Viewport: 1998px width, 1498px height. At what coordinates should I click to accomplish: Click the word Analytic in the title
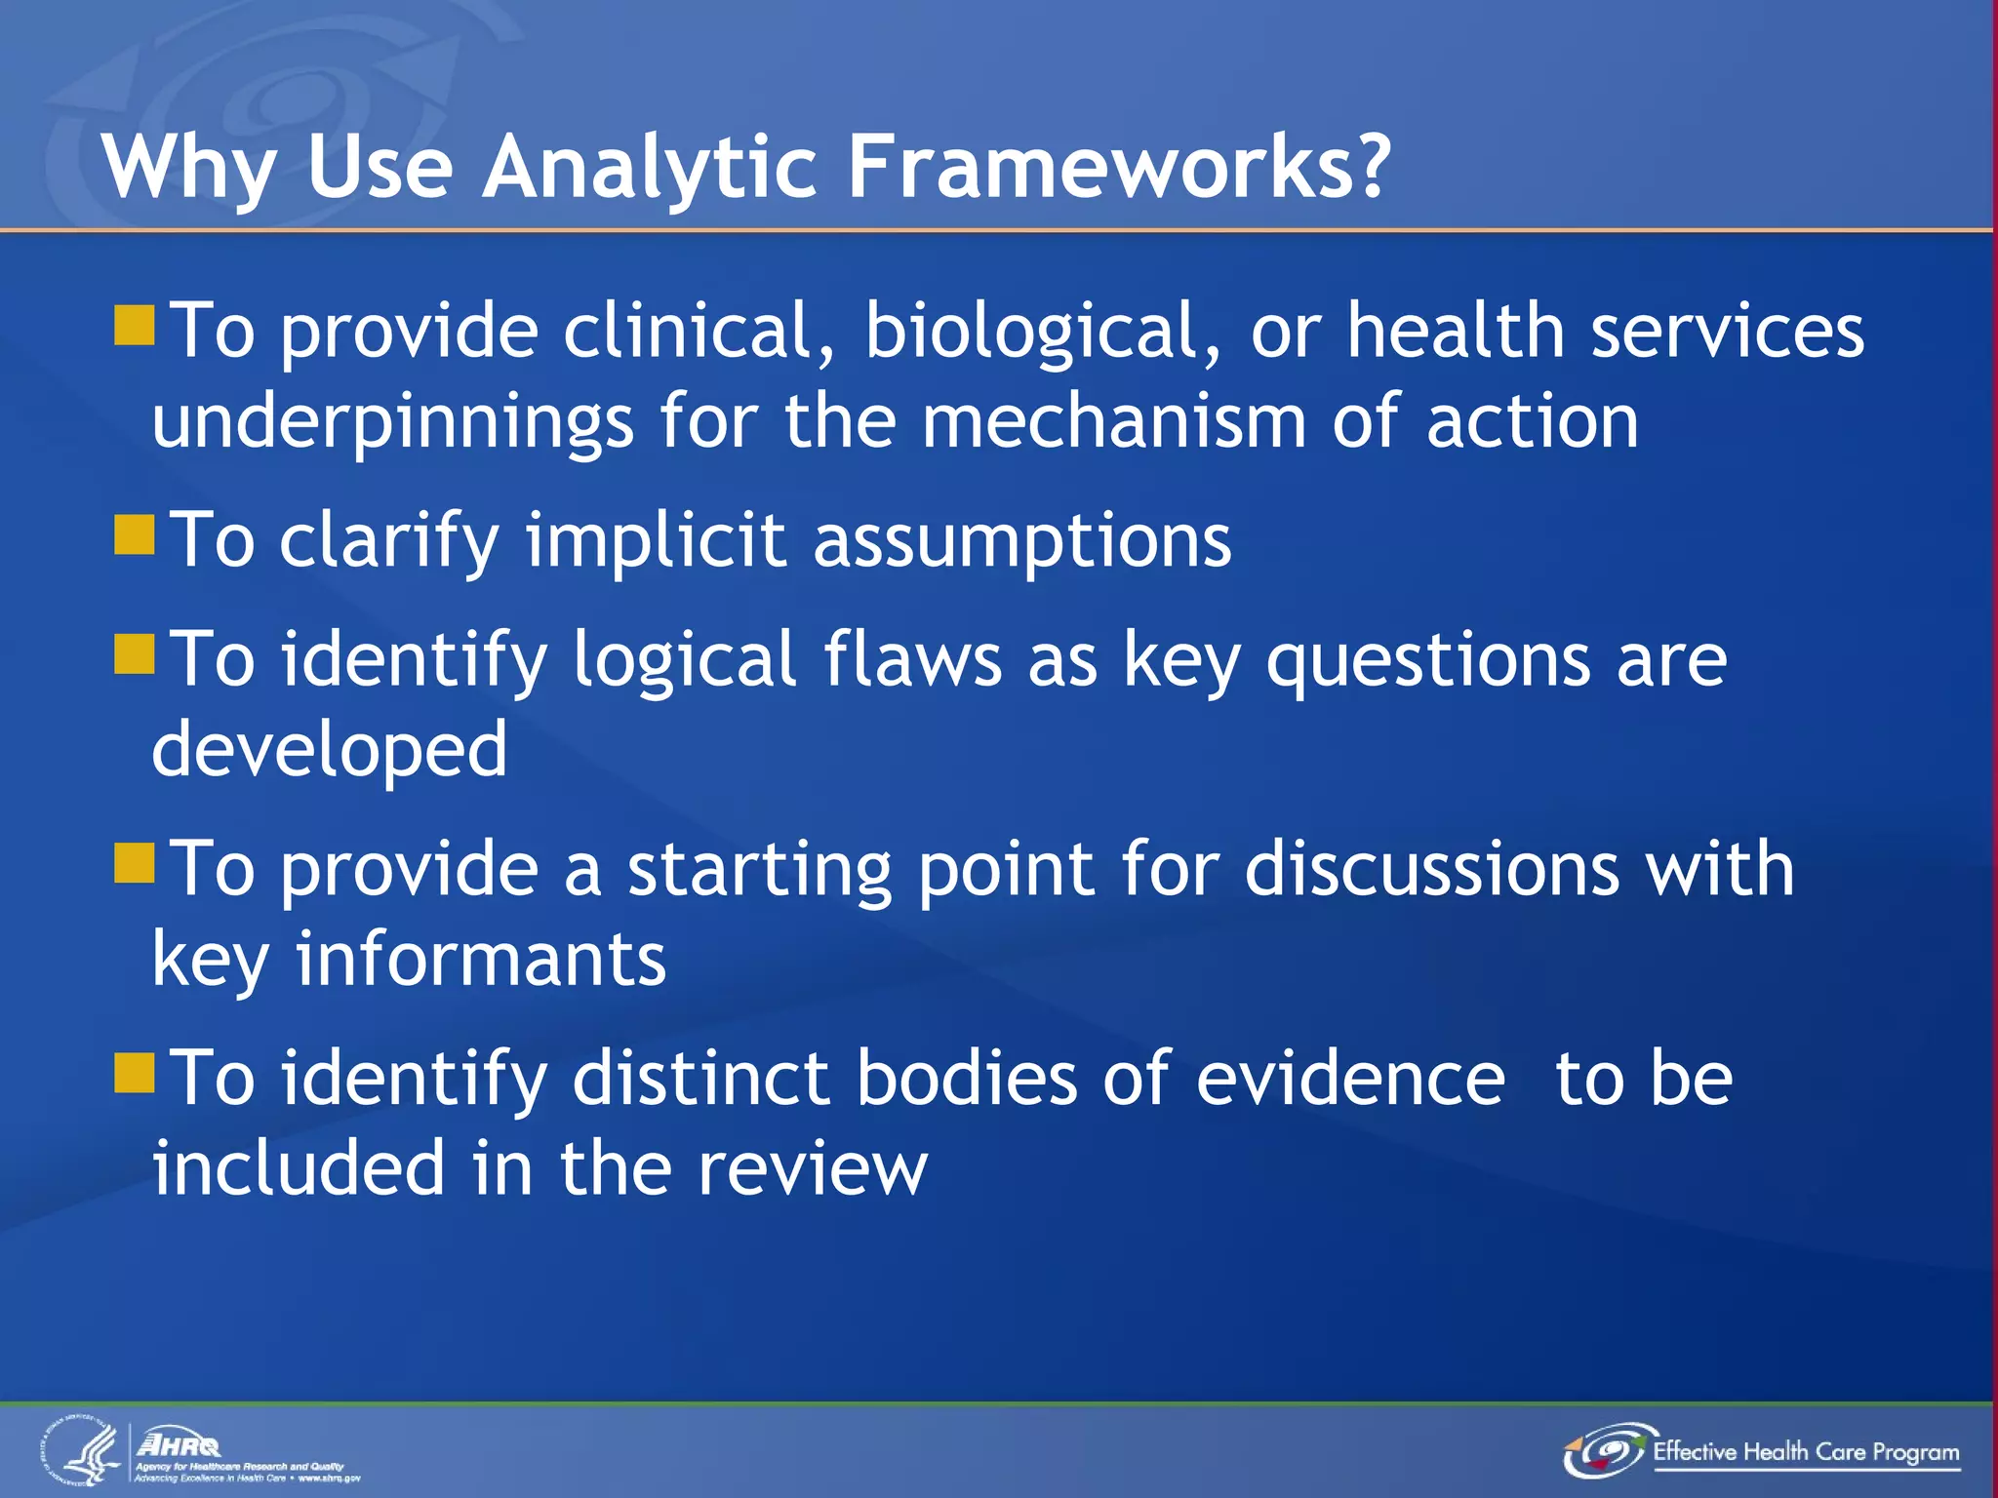coord(649,168)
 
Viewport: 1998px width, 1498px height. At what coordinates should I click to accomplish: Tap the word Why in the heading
coord(190,168)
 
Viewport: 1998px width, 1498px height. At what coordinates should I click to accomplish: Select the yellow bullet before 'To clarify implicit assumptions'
coord(135,535)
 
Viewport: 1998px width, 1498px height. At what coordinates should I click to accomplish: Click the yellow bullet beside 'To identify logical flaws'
coord(135,654)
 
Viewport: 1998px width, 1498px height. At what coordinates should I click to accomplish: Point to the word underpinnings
coord(393,423)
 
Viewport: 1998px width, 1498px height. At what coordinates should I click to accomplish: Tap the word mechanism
coord(1113,421)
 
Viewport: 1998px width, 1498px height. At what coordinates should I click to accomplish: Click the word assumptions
coord(1021,542)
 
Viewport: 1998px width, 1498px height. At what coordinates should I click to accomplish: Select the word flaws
coord(912,659)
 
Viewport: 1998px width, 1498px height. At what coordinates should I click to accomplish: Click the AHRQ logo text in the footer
coord(180,1444)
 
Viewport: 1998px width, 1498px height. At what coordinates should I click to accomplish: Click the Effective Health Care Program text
coord(1805,1451)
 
